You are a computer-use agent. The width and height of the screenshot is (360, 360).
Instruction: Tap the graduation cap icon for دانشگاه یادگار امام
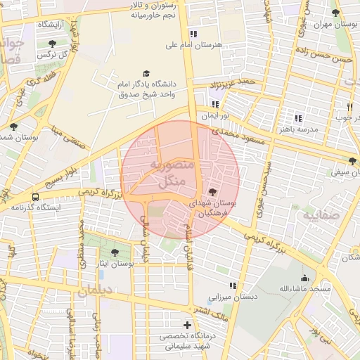[146, 73]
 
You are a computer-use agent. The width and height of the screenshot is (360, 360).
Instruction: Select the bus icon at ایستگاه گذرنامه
[36, 197]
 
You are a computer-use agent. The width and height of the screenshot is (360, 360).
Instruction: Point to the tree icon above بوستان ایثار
[115, 252]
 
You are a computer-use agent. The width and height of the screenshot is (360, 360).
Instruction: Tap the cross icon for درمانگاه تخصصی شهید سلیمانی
[187, 325]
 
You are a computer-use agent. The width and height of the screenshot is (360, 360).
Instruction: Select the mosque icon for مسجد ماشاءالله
[304, 278]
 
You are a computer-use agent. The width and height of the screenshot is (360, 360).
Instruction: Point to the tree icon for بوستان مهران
[335, 13]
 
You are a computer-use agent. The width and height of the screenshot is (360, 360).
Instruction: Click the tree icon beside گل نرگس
[52, 44]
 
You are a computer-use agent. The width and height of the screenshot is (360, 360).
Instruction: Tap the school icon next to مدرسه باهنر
[298, 118]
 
